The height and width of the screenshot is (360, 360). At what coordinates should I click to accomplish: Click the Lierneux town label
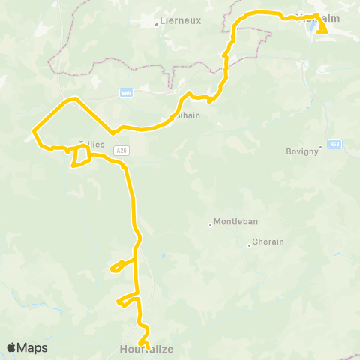coord(182,22)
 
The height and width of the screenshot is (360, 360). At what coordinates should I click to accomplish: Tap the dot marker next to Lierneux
coord(157,23)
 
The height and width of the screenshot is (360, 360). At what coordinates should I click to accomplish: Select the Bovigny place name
coord(302,151)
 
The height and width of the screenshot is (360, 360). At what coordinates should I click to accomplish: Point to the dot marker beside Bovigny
coord(320,146)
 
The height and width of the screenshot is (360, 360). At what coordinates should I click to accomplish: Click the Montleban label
coord(236,222)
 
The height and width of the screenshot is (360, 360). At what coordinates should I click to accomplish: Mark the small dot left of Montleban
coord(210,223)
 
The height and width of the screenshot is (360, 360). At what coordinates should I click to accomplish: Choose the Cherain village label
coord(268,243)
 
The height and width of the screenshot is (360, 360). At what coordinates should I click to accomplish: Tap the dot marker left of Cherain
coord(249,244)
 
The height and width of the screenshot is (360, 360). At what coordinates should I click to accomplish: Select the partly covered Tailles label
coord(91,144)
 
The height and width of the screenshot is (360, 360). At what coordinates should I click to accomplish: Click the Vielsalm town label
coord(315,17)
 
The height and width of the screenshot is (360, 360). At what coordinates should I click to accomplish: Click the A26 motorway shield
coord(121,151)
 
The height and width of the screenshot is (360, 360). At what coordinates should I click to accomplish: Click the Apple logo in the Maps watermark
coord(12,347)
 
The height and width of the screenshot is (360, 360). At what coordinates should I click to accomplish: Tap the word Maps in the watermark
coord(33,348)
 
